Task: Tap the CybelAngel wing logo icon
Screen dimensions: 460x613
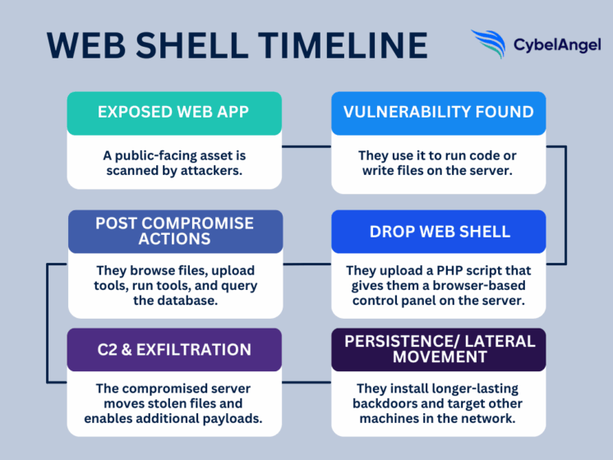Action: pyautogui.click(x=490, y=44)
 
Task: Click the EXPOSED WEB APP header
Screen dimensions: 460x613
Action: pyautogui.click(x=174, y=113)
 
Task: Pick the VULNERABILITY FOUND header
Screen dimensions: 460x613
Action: pyautogui.click(x=438, y=113)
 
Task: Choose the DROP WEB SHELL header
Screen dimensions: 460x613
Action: pyautogui.click(x=438, y=231)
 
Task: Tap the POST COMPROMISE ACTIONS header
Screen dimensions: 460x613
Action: pyautogui.click(x=174, y=231)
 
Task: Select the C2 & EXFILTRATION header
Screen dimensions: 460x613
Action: pyautogui.click(x=174, y=349)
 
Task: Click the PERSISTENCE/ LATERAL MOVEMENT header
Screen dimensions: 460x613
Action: pyautogui.click(x=438, y=349)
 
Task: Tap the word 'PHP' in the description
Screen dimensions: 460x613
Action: pyautogui.click(x=445, y=271)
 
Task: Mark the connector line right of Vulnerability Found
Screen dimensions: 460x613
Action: pyautogui.click(x=566, y=205)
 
